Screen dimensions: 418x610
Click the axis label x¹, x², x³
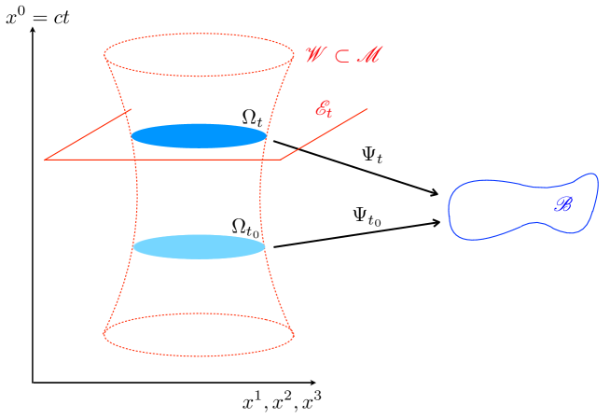tap(283, 404)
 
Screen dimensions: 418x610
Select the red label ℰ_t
tap(324, 110)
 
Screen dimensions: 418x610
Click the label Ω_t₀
tap(245, 228)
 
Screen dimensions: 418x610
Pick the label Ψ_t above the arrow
tap(373, 154)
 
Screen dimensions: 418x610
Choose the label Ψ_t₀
tap(367, 216)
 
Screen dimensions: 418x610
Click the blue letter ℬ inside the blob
tap(563, 203)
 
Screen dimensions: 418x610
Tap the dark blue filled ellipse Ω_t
tap(199, 136)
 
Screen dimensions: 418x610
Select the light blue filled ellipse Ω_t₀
tap(199, 246)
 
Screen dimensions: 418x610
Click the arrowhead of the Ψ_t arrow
tap(435, 194)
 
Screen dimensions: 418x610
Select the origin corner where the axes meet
tap(34, 383)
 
